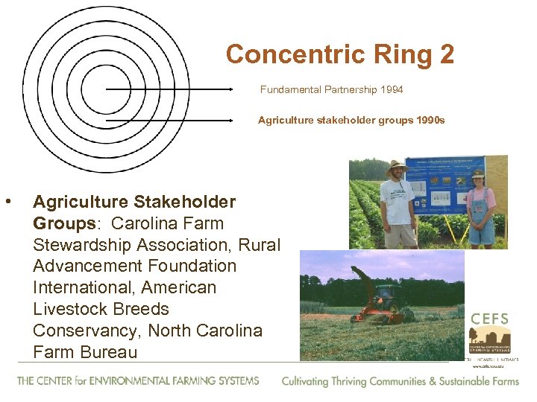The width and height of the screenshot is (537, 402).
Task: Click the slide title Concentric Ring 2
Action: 339,54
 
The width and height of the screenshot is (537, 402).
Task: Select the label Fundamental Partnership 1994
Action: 331,89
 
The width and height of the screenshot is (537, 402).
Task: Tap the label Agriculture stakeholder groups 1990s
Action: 351,120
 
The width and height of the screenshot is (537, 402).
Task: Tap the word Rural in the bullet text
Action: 257,244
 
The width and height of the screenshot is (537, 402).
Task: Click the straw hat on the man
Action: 395,166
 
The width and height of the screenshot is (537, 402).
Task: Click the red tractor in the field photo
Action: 383,304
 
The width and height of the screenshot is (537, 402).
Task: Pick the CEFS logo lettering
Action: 489,319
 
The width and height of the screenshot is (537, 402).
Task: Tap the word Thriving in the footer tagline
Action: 359,381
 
